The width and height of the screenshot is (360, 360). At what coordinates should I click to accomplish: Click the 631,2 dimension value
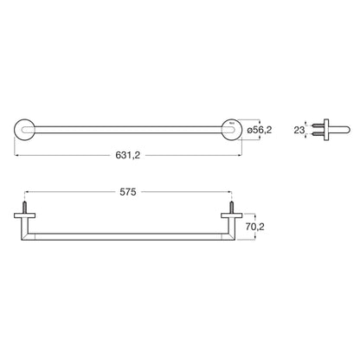[128, 155]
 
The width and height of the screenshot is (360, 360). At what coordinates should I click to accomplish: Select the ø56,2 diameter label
[260, 130]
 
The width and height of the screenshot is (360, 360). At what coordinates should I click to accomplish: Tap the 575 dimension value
[128, 192]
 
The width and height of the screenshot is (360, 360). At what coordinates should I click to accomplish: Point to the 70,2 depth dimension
[255, 227]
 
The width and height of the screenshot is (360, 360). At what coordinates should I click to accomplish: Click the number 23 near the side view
[299, 130]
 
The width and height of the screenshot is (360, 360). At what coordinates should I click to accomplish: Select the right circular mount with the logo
[231, 130]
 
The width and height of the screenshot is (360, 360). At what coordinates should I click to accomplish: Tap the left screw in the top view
[25, 208]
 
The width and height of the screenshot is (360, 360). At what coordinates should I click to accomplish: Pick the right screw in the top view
[231, 208]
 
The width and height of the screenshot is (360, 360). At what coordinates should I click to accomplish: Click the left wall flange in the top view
[25, 215]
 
